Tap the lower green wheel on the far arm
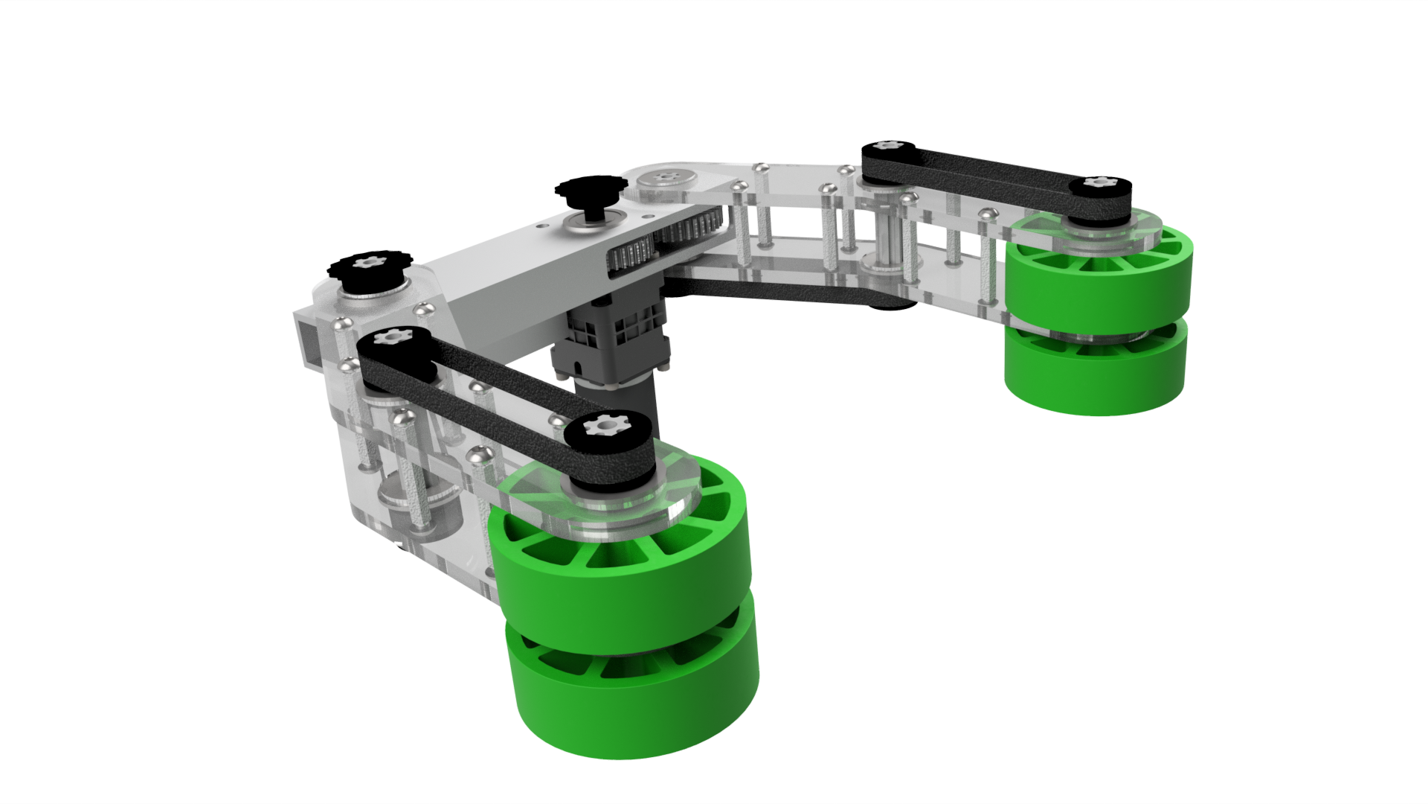1093,380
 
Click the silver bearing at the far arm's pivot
662,179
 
